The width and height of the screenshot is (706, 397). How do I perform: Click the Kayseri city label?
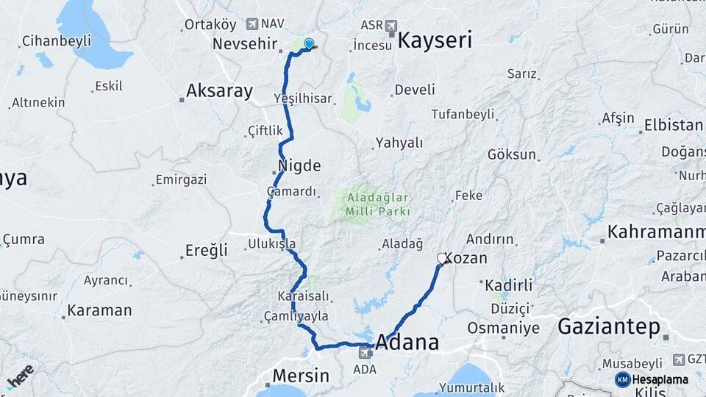tap(435, 40)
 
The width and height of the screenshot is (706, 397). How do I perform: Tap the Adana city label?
tap(407, 343)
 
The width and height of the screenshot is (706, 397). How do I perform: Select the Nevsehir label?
tap(243, 43)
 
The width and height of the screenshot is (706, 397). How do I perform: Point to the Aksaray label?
tap(219, 91)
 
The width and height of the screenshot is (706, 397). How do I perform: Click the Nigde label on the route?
tap(299, 165)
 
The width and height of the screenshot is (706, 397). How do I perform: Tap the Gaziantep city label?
tap(608, 327)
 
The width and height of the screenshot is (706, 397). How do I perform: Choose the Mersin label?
tap(301, 376)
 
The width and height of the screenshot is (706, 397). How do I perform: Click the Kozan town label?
tap(466, 259)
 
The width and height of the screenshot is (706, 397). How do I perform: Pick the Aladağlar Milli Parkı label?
tap(374, 205)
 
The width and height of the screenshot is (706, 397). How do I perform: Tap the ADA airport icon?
tap(363, 353)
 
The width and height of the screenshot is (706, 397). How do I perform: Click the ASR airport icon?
tap(391, 26)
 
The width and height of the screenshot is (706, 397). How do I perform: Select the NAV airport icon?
tap(253, 24)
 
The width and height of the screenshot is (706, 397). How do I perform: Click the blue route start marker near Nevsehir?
tap(309, 44)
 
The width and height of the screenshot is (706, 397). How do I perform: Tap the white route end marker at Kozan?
tap(442, 258)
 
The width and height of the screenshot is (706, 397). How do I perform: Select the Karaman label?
tap(99, 310)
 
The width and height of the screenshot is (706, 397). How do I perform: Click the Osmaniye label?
tap(503, 328)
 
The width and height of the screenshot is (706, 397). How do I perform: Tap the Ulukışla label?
tap(271, 243)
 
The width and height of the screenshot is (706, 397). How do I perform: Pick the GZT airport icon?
tap(679, 360)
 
